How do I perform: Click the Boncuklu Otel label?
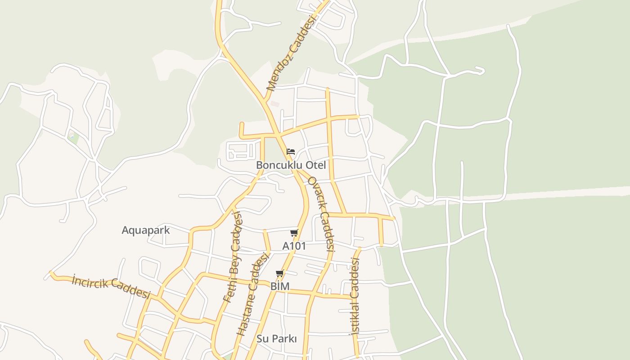291,165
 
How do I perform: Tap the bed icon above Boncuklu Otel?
291,151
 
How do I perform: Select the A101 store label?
294,246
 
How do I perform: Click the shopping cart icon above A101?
294,233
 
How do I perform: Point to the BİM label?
280,286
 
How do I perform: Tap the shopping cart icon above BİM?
280,274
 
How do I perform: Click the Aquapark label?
146,230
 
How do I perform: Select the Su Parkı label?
277,338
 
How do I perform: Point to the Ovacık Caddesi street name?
321,213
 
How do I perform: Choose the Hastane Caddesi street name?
252,294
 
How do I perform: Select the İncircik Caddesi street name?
111,287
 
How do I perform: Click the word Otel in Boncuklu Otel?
315,165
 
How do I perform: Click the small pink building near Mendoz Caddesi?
275,103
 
